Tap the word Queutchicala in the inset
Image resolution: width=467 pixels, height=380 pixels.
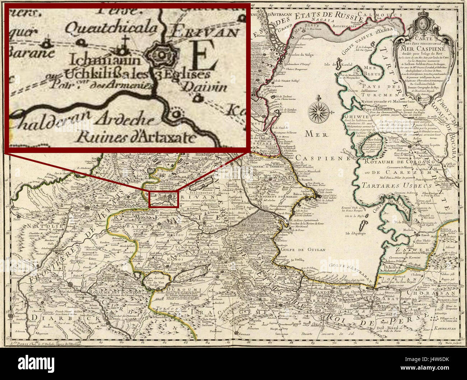coord(113,28)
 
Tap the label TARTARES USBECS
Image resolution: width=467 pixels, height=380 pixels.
coord(391,186)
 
